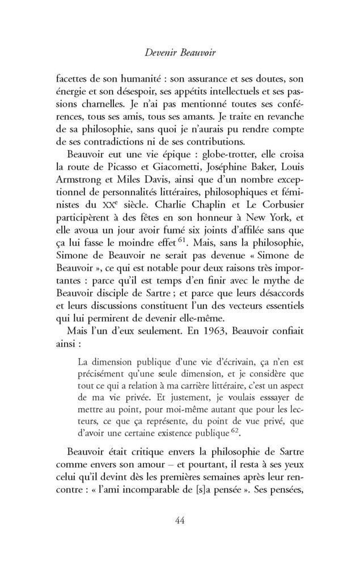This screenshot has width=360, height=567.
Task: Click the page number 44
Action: pos(180,520)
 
